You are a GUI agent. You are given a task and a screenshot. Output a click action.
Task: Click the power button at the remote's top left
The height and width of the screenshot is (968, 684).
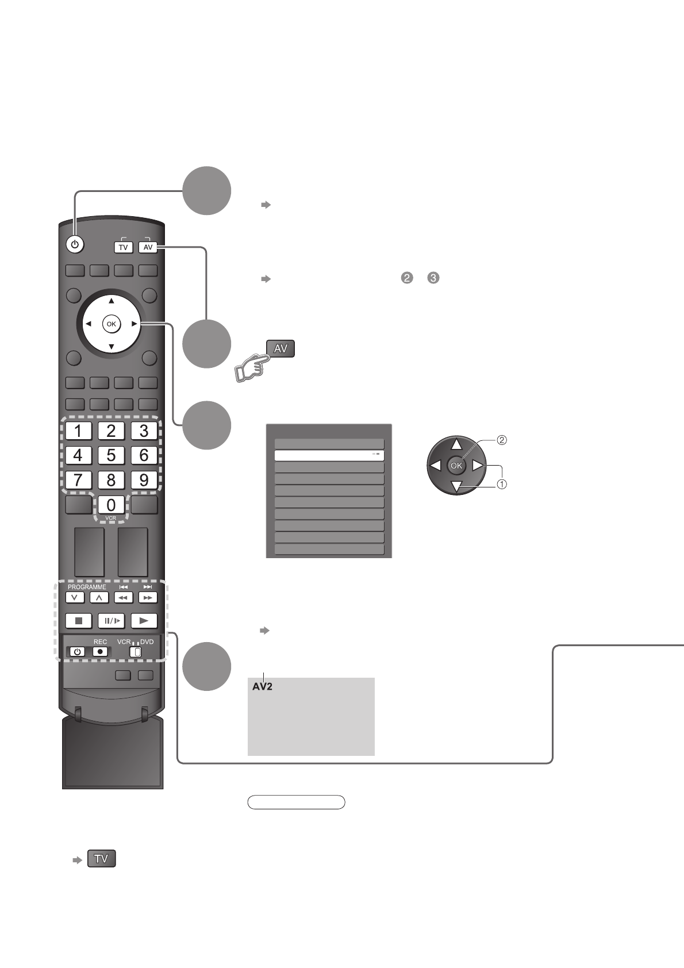(x=74, y=245)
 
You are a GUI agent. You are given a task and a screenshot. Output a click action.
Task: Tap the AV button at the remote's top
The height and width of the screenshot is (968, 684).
(x=148, y=247)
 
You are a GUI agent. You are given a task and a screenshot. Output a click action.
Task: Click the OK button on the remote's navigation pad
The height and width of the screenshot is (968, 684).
(x=111, y=324)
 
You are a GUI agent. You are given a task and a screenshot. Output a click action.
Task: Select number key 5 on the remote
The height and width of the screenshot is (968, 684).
(x=111, y=455)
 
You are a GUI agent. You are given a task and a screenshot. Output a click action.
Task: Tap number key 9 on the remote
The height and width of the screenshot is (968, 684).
(x=144, y=479)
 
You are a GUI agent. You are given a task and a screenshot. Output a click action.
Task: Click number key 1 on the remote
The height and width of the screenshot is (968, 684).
(x=78, y=431)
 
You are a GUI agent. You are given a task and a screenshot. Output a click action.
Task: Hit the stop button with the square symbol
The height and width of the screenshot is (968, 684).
(x=79, y=621)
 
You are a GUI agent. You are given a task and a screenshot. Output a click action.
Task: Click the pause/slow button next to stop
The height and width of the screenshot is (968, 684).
(x=111, y=621)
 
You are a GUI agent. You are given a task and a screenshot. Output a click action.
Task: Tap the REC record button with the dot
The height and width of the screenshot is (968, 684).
(x=100, y=652)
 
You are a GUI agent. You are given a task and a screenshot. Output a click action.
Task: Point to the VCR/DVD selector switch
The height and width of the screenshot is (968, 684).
(x=136, y=652)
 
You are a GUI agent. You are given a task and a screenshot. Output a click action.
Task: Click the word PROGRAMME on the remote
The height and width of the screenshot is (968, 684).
(x=87, y=587)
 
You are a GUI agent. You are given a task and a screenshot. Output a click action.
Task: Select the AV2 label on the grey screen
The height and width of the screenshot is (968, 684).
(x=262, y=687)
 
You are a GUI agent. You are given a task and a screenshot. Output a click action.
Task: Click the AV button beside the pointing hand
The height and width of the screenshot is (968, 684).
(x=280, y=348)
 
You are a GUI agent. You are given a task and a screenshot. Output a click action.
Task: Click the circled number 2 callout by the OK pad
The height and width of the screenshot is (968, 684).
(x=502, y=441)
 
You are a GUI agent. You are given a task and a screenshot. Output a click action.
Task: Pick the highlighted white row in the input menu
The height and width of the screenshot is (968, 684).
(x=329, y=455)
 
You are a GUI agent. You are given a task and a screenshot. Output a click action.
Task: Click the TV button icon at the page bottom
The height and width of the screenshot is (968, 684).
(x=101, y=859)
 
